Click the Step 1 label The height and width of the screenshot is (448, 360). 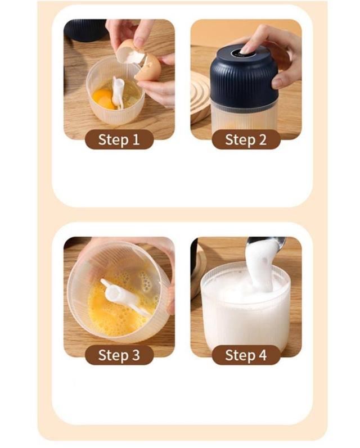pyautogui.click(x=119, y=139)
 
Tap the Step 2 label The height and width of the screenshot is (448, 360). pyautogui.click(x=246, y=139)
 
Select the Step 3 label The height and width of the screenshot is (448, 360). pyautogui.click(x=119, y=355)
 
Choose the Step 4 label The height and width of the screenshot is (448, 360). pyautogui.click(x=246, y=355)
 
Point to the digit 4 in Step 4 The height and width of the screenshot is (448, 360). pyautogui.click(x=262, y=355)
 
